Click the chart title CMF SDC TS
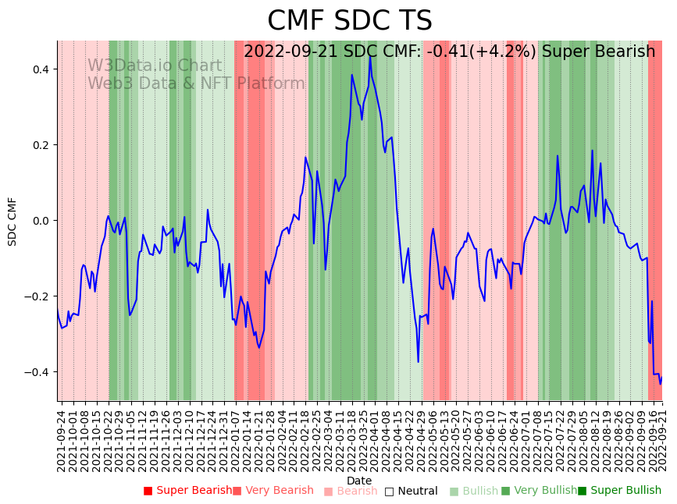coord(349,21)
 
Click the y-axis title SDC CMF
coord(12,222)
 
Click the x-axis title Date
coord(359,481)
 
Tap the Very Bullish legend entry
coord(541,491)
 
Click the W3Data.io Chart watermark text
coord(154,66)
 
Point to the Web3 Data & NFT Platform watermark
coord(196,83)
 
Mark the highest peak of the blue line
coord(370,56)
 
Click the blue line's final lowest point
coord(660,383)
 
